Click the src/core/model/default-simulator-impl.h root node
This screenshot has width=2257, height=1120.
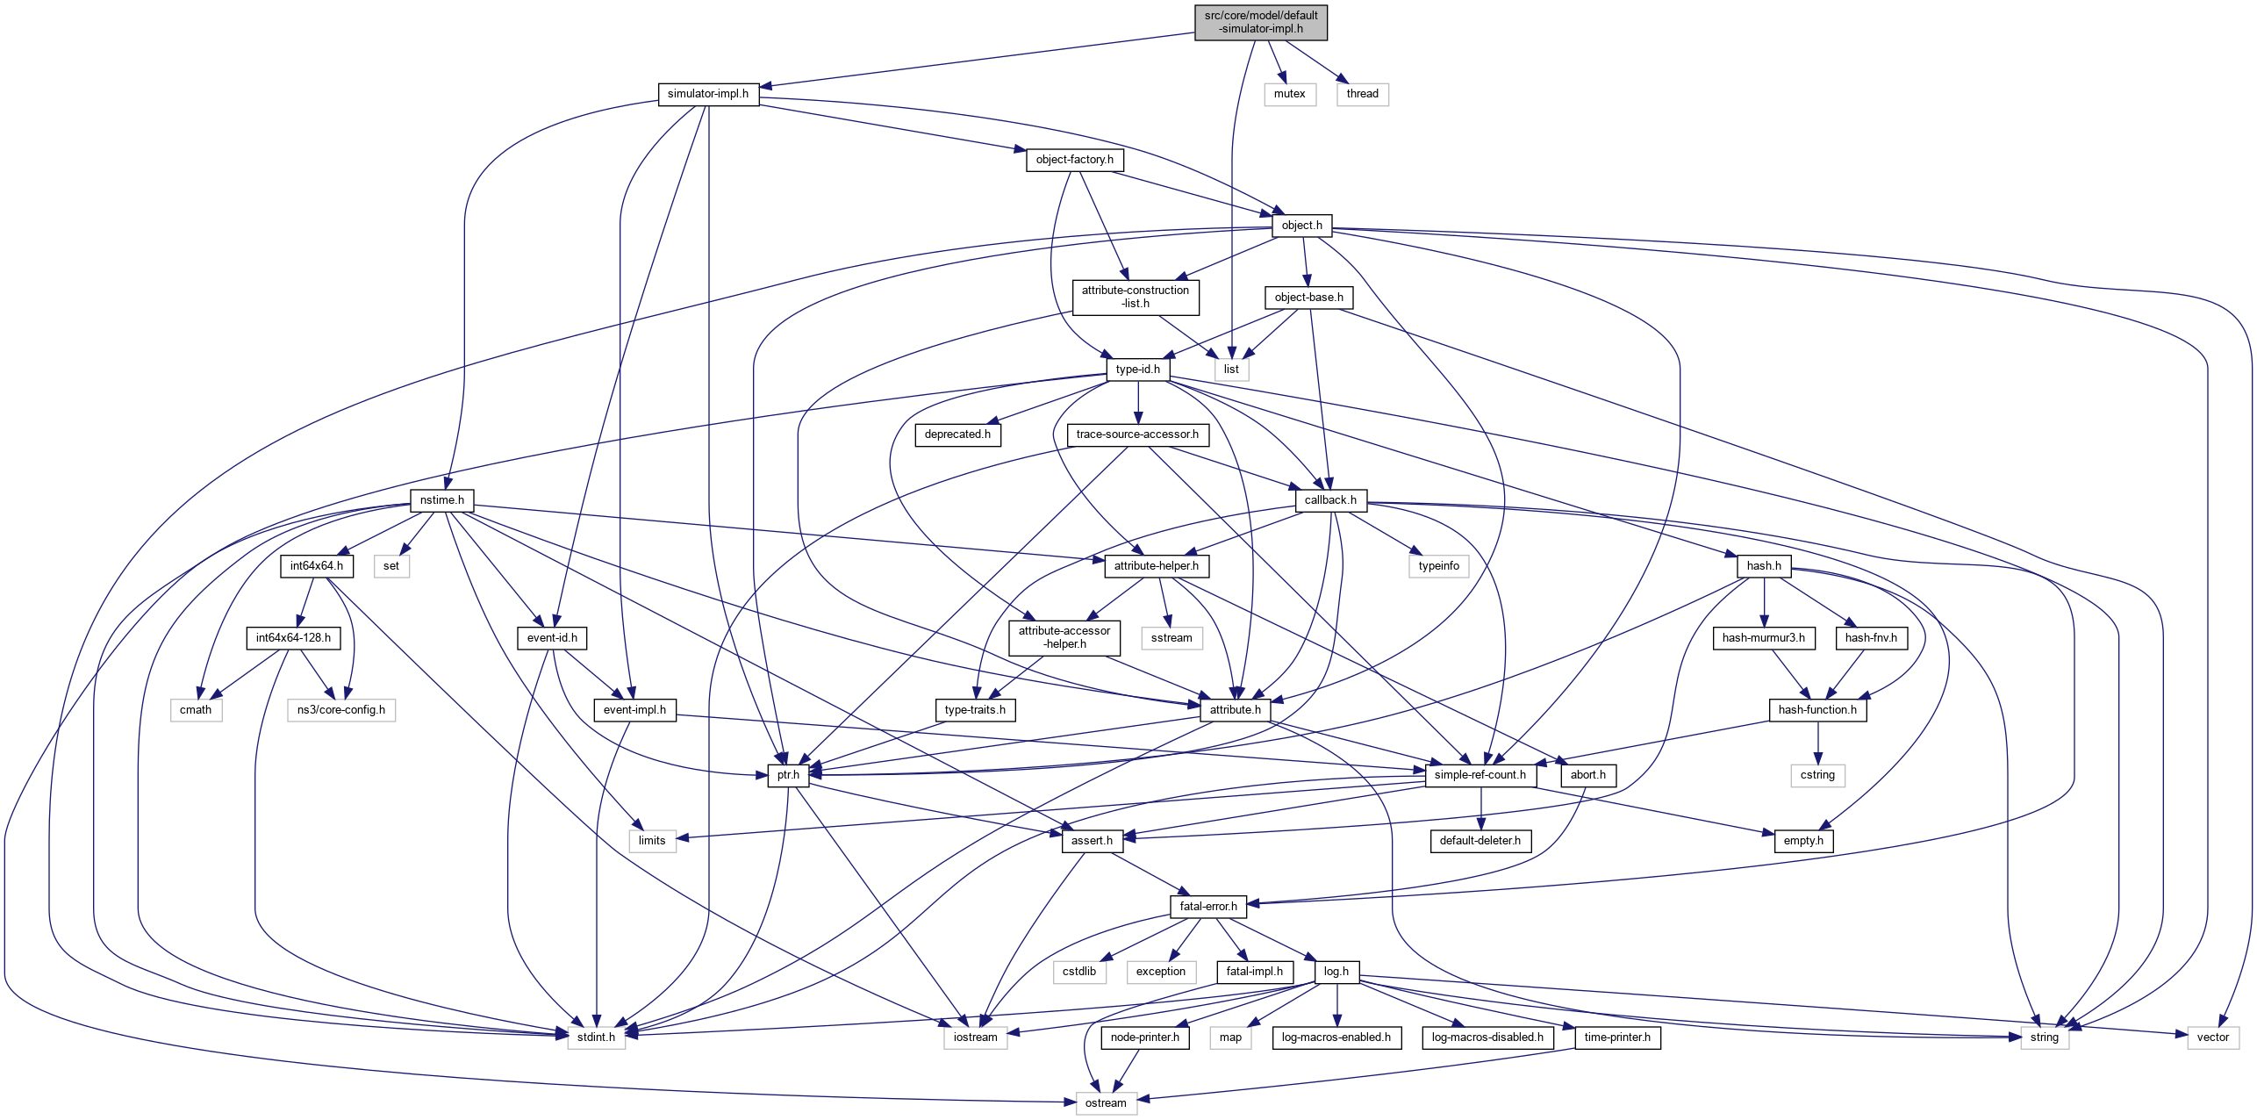[x=1260, y=22]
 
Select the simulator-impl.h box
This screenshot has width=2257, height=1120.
[x=708, y=94]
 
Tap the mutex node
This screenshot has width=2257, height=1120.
[x=1289, y=94]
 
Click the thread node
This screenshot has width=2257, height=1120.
[x=1362, y=94]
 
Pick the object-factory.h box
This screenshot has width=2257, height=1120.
[x=1074, y=160]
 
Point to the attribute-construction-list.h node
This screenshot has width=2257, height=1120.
[x=1135, y=297]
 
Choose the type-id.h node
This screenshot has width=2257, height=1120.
[x=1137, y=370]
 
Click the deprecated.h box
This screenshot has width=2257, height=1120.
[x=957, y=434]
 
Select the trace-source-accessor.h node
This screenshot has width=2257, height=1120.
[x=1137, y=434]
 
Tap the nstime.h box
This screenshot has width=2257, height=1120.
[x=441, y=500]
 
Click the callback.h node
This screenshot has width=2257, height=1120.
[x=1329, y=500]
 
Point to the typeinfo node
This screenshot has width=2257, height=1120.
[x=1438, y=566]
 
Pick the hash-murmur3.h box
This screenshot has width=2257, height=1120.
[x=1763, y=638]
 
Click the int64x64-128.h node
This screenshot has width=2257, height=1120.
[x=293, y=638]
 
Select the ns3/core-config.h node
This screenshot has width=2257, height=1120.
[x=340, y=710]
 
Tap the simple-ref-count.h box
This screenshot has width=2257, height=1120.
[x=1480, y=775]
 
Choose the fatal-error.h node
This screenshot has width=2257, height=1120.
[x=1207, y=907]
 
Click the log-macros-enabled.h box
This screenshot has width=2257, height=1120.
[x=1336, y=1037]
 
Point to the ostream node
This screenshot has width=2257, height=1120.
[x=1105, y=1103]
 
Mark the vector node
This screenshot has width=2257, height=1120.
[x=2212, y=1037]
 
